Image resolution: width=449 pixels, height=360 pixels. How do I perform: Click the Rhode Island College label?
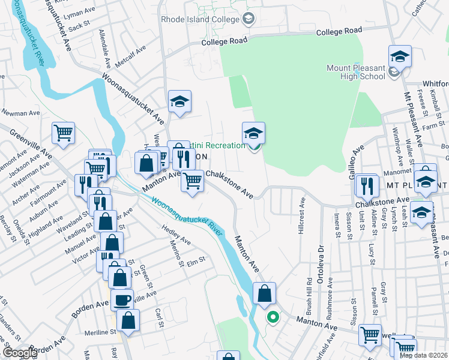click(199, 19)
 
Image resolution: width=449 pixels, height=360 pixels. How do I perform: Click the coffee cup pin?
click(122, 299)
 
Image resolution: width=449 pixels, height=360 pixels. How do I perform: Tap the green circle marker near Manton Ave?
click(273, 317)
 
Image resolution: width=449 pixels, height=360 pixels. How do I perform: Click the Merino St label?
click(176, 256)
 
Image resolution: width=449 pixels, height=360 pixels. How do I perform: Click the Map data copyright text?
click(423, 355)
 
